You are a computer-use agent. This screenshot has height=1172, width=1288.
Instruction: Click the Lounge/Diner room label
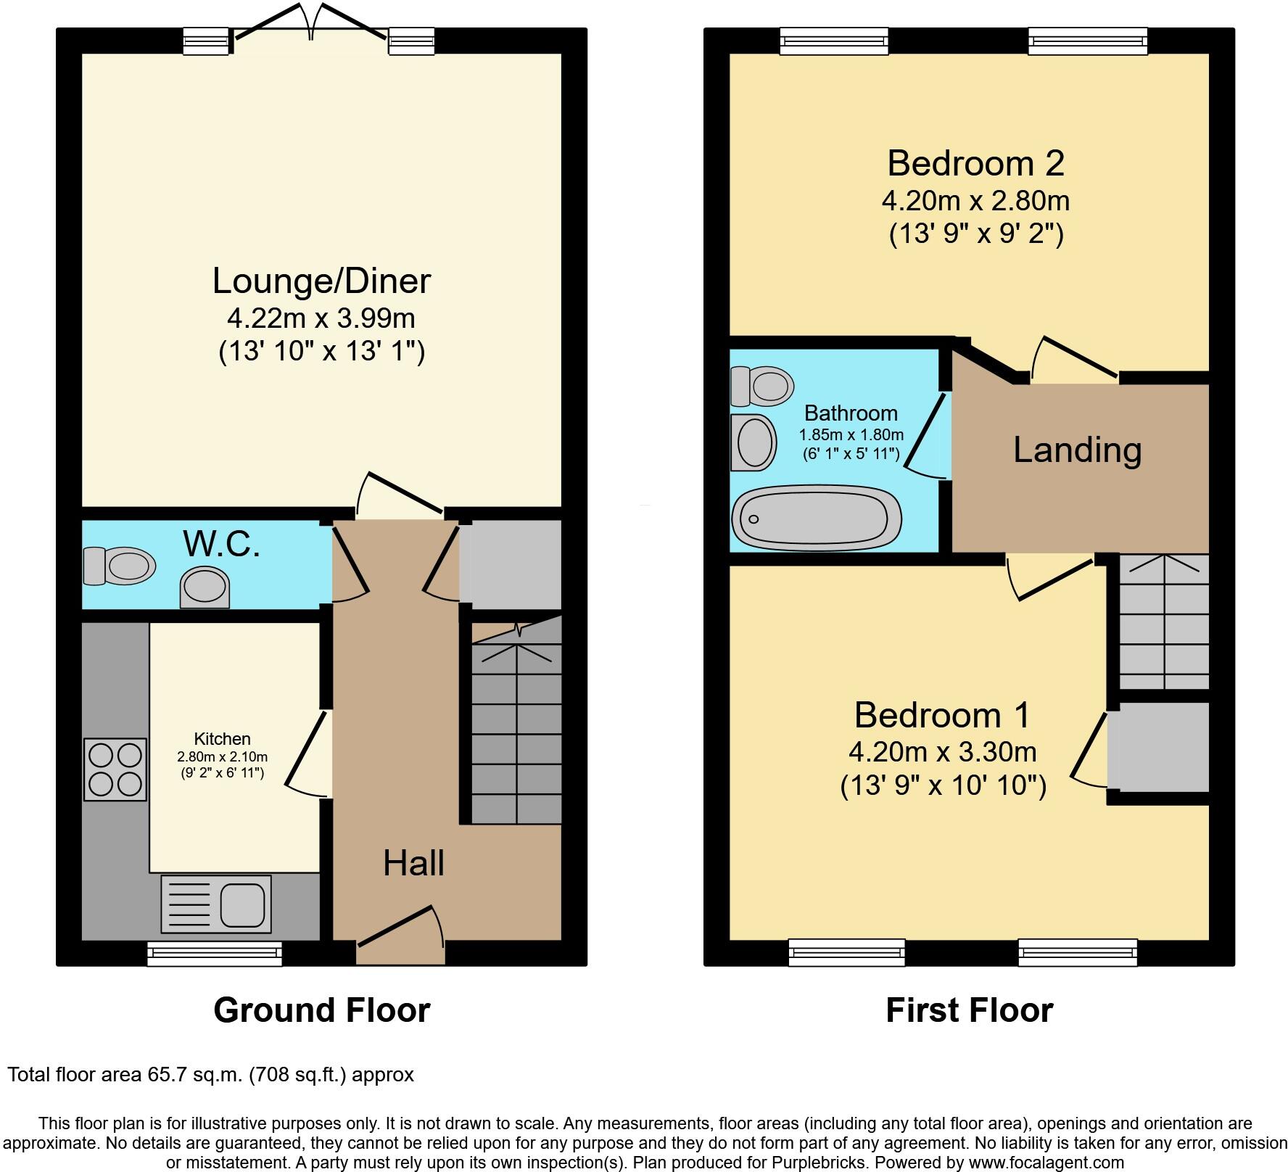pyautogui.click(x=321, y=281)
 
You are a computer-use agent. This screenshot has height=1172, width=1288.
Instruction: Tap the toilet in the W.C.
pyautogui.click(x=120, y=566)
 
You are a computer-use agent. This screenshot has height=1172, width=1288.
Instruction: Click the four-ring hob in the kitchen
pyautogui.click(x=115, y=769)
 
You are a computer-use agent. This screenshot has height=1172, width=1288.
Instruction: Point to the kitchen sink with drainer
pyautogui.click(x=216, y=904)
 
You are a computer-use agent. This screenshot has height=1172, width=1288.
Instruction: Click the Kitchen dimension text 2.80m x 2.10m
pyautogui.click(x=222, y=756)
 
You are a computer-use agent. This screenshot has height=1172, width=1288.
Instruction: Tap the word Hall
pyautogui.click(x=413, y=863)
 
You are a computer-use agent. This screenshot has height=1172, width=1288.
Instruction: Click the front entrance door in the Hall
pyautogui.click(x=400, y=936)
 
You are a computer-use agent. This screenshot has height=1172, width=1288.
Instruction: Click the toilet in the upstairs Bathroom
pyautogui.click(x=761, y=386)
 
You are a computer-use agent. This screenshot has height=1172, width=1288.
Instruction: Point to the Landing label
pyautogui.click(x=1077, y=450)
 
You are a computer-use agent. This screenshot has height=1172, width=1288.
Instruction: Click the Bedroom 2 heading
pyautogui.click(x=975, y=163)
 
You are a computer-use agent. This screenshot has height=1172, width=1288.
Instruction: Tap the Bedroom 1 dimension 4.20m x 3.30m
pyautogui.click(x=942, y=752)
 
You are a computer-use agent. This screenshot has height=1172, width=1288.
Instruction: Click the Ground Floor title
pyautogui.click(x=321, y=1010)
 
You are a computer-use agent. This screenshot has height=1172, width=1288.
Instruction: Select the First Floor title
pyautogui.click(x=969, y=1010)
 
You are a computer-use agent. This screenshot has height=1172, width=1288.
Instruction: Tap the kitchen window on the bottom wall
pyautogui.click(x=214, y=954)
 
